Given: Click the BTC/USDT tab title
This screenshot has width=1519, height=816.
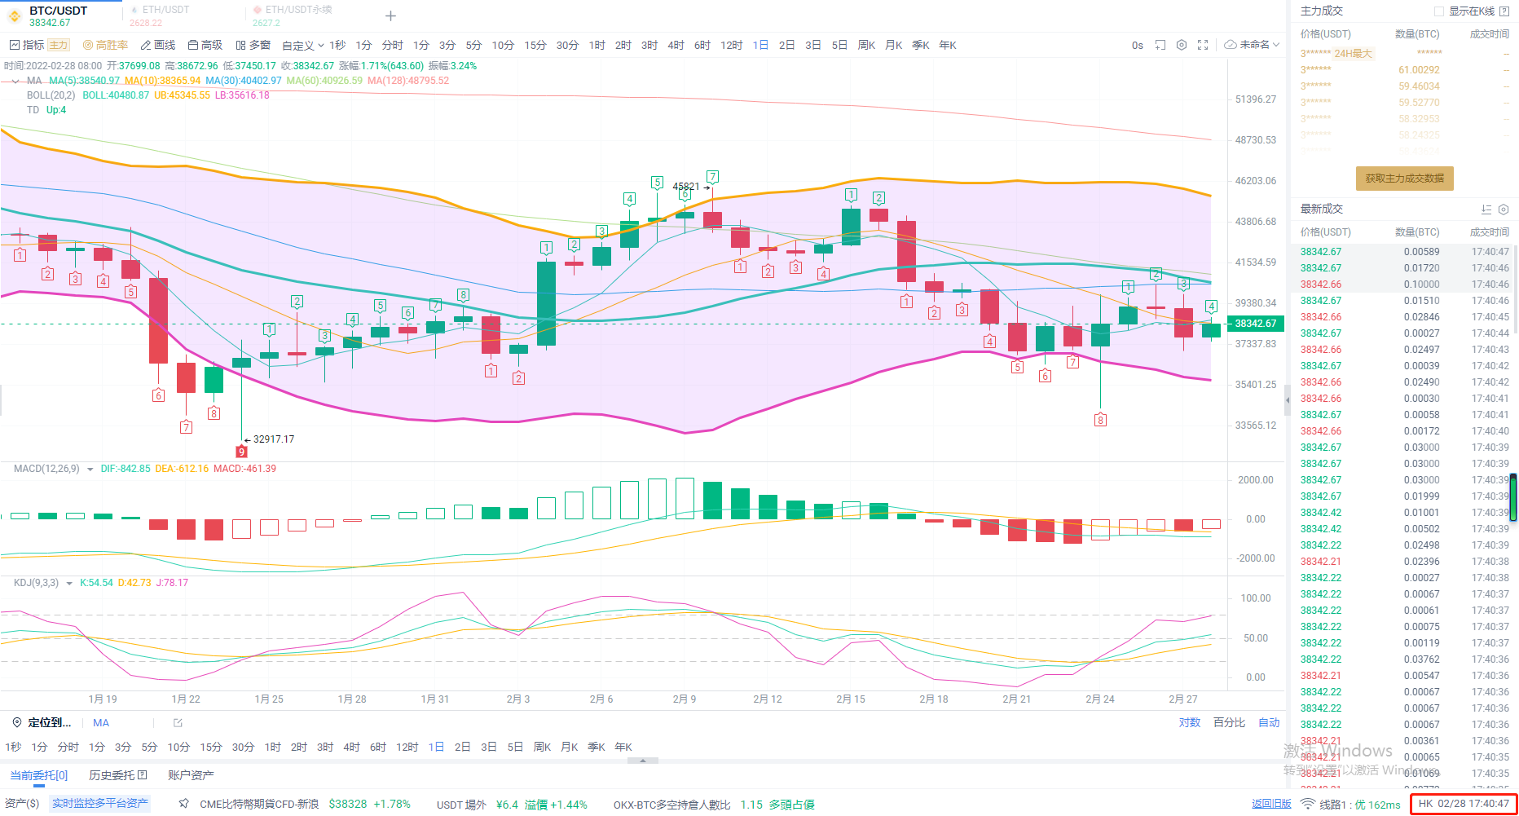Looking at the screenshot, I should click(58, 11).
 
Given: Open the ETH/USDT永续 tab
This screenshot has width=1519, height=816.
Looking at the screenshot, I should click(298, 10).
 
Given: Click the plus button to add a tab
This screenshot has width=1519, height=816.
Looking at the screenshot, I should click(391, 15).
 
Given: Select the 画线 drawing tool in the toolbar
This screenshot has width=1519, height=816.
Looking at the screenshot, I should click(158, 45).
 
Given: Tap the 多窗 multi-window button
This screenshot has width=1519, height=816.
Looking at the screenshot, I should click(253, 45).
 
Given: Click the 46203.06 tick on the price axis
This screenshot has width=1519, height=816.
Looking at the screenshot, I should click(1255, 181).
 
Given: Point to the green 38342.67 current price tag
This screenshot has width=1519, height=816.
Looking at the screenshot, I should click(1255, 324).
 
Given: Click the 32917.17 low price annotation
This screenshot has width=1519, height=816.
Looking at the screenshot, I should click(273, 439).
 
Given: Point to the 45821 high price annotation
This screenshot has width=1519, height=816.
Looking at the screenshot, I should click(686, 187).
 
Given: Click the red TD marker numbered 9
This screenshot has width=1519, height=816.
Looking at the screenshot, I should click(241, 452).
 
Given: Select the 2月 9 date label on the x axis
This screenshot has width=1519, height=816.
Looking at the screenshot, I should click(684, 699).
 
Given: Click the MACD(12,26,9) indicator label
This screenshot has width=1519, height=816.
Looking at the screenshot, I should click(46, 469).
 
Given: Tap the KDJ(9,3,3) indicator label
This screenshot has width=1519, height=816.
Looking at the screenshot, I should click(36, 583).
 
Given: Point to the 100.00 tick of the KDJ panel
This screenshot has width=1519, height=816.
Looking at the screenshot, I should click(1255, 598).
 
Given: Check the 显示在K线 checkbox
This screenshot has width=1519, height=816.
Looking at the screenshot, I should click(1439, 11).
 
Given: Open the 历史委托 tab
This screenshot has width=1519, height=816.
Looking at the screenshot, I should click(117, 775).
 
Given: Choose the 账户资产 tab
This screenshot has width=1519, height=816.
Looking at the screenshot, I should click(191, 775).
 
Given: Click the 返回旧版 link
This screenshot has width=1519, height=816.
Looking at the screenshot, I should click(1271, 804).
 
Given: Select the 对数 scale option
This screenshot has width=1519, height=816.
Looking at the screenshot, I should click(1189, 722).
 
